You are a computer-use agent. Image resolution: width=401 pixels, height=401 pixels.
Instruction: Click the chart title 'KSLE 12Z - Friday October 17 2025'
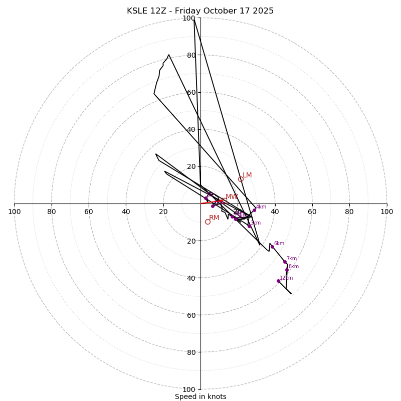click(200, 11)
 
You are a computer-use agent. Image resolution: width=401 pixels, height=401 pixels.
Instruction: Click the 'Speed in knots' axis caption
click(200, 396)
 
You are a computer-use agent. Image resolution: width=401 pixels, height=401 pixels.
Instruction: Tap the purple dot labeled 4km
click(254, 210)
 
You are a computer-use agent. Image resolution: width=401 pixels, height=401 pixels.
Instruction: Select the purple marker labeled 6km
click(272, 247)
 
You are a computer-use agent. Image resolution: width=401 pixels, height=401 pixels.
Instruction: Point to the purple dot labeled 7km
click(285, 262)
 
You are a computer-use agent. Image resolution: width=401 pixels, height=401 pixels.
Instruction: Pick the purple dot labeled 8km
click(287, 270)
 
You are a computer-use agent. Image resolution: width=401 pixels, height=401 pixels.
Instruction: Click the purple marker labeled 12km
click(278, 281)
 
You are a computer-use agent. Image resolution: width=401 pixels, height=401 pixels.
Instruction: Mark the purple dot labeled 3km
click(249, 226)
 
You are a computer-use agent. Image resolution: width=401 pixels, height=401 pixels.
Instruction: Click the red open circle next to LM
click(241, 179)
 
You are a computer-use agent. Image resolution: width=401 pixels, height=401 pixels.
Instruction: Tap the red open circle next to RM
click(208, 222)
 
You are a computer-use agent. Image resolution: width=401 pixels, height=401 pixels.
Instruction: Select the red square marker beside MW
click(225, 200)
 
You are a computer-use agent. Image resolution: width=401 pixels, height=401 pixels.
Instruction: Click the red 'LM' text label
click(247, 175)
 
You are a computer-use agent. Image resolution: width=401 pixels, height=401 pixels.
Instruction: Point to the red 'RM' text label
click(214, 218)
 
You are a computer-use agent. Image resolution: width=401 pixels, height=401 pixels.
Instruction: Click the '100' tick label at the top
click(188, 19)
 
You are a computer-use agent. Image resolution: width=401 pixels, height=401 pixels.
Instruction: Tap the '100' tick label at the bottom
click(188, 389)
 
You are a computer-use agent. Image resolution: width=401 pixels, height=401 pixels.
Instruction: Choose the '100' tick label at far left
click(14, 212)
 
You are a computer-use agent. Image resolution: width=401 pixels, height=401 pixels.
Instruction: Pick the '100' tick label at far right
click(386, 212)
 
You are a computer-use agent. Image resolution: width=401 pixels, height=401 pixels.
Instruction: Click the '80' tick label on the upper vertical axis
click(191, 55)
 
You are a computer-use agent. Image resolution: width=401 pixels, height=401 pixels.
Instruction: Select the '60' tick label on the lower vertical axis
click(191, 315)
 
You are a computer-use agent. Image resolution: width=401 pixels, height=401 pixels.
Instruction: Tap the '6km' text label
click(279, 244)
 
